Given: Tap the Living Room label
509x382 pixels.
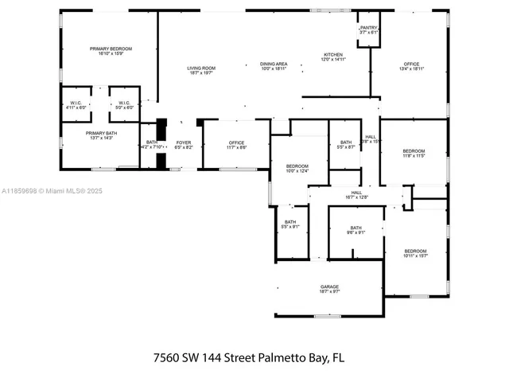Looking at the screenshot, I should tap(201, 70).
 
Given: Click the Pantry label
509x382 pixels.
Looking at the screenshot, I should tap(368, 29).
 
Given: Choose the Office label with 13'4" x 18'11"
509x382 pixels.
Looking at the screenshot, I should tap(411, 66).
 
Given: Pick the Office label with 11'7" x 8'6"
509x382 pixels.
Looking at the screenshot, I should tap(237, 145).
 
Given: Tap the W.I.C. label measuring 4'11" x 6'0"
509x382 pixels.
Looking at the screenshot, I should tap(76, 104).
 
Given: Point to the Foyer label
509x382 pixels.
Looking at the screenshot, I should tap(184, 144).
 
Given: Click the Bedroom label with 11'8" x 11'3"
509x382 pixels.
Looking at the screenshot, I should tap(414, 153).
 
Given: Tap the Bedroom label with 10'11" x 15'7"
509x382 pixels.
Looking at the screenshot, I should tap(415, 253).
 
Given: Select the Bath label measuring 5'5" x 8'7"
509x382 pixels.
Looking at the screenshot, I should tap(346, 144).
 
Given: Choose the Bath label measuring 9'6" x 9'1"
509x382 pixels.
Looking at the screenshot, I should tap(356, 230).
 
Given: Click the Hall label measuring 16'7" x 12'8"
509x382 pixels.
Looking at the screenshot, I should tap(357, 194).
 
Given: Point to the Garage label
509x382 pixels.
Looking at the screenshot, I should tap(329, 289).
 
